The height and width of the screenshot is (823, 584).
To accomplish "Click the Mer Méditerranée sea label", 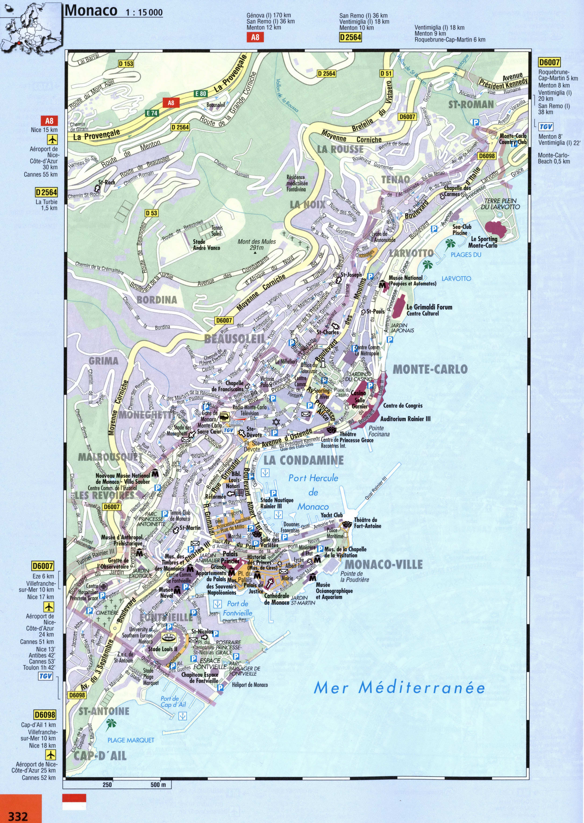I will tap(399, 687).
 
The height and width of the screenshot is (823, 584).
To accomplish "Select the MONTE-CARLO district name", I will tap(430, 369).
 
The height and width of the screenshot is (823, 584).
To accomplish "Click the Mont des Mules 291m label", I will tap(256, 245).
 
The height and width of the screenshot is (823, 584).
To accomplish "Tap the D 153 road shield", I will tap(126, 64).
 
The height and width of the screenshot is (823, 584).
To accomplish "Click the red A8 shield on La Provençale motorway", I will tap(171, 103).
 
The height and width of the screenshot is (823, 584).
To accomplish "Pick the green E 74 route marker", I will tap(152, 113).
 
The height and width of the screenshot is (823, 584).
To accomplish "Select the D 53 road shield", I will tap(151, 213).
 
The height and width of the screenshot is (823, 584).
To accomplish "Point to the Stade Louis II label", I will tap(163, 649).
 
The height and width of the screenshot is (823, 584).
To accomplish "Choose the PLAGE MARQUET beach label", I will tap(131, 740).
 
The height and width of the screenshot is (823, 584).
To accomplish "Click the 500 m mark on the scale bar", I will tap(158, 784).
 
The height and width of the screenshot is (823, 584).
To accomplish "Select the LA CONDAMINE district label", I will tap(303, 460).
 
